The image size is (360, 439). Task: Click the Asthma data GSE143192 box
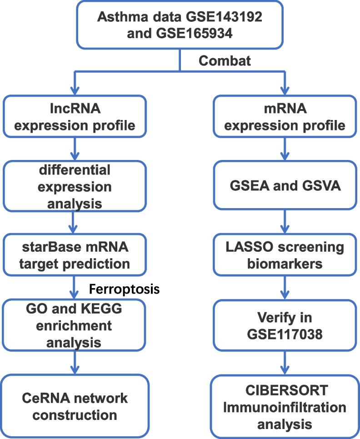coord(180,25)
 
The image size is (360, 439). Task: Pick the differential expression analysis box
coord(74,187)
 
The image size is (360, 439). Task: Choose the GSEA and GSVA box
coord(285,187)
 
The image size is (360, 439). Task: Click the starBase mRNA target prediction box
coord(74,255)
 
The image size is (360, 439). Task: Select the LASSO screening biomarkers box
coord(285,255)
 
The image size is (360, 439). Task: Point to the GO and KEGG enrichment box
coord(74,327)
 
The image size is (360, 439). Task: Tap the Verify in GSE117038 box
coord(285,327)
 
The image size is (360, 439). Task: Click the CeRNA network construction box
coord(74,406)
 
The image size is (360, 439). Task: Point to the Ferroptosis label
coord(124,289)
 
